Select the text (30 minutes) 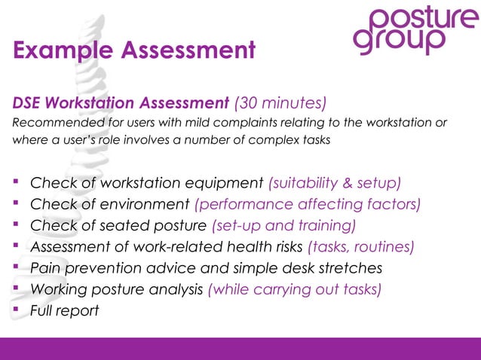[x=280, y=102]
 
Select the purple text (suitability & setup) [x=335, y=183]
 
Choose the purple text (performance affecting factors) [x=307, y=204]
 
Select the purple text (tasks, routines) [x=361, y=246]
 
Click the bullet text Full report [x=64, y=310]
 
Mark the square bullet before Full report [x=16, y=310]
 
